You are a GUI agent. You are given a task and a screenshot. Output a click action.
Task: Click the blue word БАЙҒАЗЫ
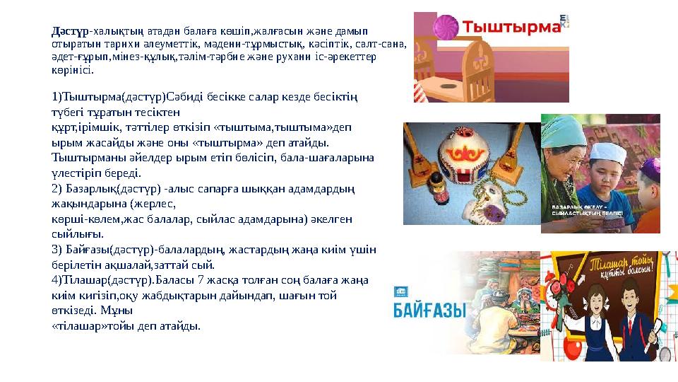point(429,309)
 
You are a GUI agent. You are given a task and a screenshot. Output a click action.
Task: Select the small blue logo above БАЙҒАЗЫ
point(401,291)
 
